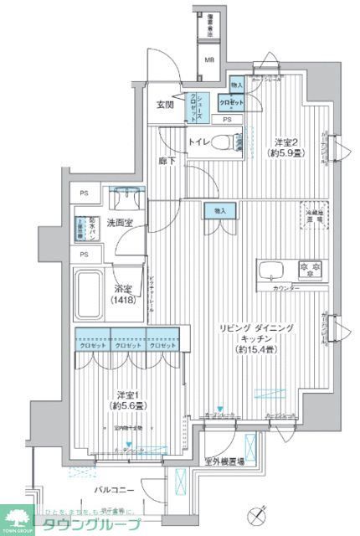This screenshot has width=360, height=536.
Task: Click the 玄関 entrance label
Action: coord(164,105)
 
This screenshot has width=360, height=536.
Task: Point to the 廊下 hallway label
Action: coord(167,160)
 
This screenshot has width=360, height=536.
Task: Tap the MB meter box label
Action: coord(210,60)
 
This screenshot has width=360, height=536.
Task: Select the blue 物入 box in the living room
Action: coord(220,213)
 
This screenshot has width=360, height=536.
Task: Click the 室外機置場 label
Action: coord(224,461)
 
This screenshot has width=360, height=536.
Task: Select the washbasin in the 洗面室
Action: coord(126,198)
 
